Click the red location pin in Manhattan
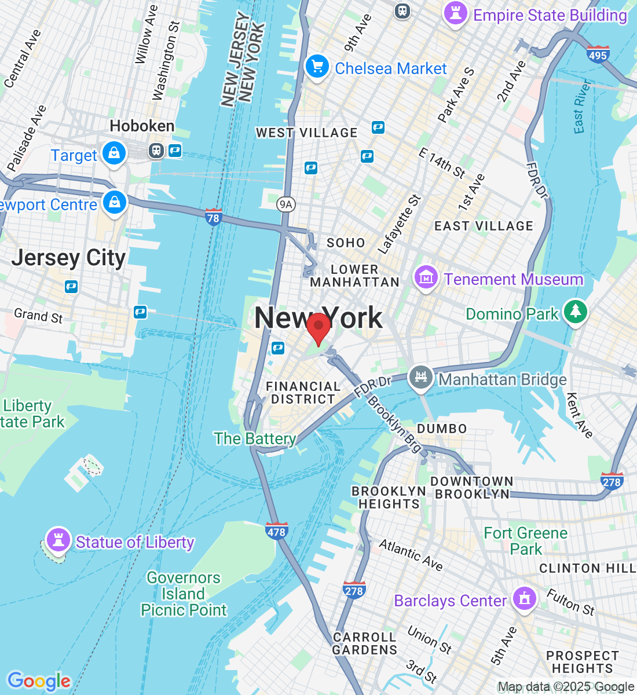318,327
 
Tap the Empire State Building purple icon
455,13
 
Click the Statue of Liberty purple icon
58,540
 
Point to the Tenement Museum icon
426,277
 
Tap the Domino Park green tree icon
575,312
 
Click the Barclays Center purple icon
525,598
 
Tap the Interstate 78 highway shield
213,217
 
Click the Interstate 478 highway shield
277,531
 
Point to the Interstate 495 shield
598,54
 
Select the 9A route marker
285,204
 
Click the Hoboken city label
142,126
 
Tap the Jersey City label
68,258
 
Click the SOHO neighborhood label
346,243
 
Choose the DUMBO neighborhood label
442,429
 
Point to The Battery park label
255,438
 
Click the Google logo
39,681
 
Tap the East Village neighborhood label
484,226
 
